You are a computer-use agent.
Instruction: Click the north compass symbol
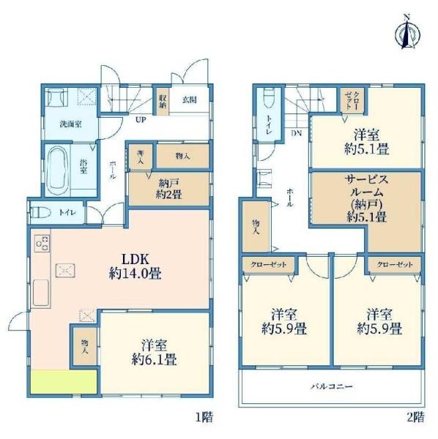point(407,34)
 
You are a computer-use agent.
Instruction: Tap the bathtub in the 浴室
point(58,170)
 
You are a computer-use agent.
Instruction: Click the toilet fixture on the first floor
point(40,212)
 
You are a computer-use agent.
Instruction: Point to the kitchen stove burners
point(42,242)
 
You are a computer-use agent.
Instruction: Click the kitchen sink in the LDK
point(41,293)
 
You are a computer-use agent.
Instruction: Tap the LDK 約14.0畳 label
point(135,266)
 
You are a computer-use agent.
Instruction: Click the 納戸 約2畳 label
point(168,189)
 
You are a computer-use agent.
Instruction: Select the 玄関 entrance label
point(190,100)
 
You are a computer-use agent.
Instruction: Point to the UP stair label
point(141,120)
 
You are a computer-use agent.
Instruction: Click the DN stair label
point(296,133)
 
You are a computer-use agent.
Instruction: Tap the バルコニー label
point(332,386)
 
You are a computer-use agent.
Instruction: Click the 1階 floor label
point(204,417)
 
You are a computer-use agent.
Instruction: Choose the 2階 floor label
point(415,417)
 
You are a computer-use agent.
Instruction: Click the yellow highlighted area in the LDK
point(64,382)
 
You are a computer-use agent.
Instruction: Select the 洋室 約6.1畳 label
point(154,352)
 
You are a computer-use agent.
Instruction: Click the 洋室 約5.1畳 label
point(366,141)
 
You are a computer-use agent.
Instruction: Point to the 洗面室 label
point(70,124)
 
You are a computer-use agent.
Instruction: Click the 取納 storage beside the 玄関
point(163,102)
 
